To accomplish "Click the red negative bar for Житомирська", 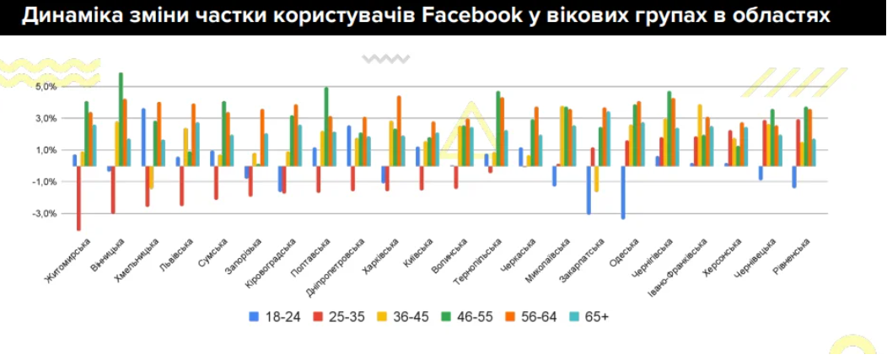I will (x=78, y=197).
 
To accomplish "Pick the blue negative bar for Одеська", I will (x=623, y=192).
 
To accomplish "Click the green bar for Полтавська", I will (x=326, y=126).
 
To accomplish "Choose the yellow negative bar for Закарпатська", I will (x=596, y=179).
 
